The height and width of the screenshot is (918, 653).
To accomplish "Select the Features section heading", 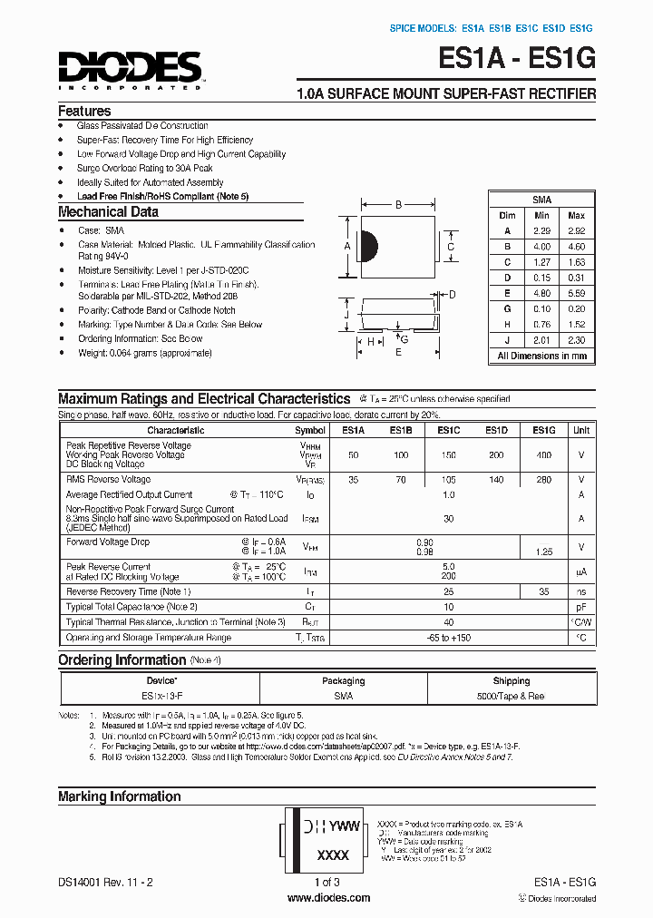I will click(x=84, y=111).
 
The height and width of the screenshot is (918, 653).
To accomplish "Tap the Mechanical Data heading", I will click(x=108, y=212).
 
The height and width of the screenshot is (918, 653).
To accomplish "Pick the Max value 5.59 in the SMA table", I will click(x=576, y=293).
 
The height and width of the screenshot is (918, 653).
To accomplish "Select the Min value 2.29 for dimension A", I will click(x=541, y=231).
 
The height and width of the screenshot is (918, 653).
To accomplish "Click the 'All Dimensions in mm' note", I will click(x=541, y=356).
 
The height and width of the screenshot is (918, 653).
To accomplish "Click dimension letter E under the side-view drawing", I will click(x=397, y=353).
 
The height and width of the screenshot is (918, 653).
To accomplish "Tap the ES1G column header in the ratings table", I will click(x=544, y=431).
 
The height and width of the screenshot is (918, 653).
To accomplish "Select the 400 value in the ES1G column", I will click(x=544, y=454).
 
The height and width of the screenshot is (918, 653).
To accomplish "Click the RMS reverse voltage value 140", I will click(x=496, y=479).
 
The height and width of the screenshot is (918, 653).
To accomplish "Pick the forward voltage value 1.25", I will click(x=544, y=551).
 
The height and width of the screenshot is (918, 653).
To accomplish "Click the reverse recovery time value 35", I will click(x=544, y=591).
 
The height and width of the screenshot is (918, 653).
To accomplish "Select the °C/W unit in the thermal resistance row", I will click(x=581, y=622).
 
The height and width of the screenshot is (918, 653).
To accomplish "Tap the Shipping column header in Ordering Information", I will click(x=512, y=681).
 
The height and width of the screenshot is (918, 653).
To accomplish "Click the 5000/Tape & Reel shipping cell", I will click(x=512, y=697).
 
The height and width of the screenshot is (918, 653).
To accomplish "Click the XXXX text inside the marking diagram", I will click(x=333, y=855).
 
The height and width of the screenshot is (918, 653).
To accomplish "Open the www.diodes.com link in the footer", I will click(x=327, y=898).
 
